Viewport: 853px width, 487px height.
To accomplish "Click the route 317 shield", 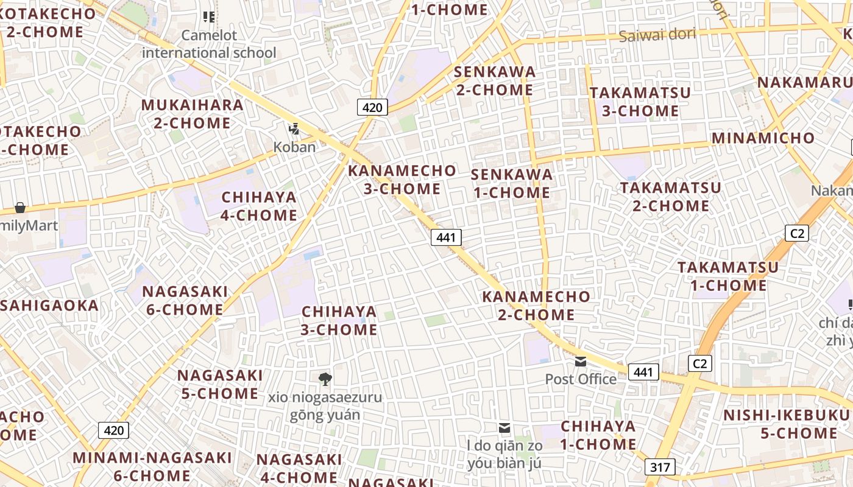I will click(x=660, y=468).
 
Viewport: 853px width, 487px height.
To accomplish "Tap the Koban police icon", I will click(x=294, y=128).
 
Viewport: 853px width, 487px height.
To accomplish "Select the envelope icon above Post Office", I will click(x=581, y=362).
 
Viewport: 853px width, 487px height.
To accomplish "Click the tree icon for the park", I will click(x=325, y=379).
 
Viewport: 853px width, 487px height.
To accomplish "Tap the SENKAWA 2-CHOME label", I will click(x=494, y=81).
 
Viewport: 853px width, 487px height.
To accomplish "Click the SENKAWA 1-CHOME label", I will click(x=511, y=183).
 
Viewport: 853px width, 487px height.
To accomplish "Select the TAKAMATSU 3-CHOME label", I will click(x=640, y=102).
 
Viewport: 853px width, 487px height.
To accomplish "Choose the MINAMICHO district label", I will click(x=763, y=138).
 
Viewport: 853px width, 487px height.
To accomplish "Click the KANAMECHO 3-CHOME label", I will click(x=402, y=180).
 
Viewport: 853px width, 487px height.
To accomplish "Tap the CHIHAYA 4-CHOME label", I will click(x=259, y=206).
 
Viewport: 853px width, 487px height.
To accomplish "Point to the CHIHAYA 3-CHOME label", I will click(x=339, y=320).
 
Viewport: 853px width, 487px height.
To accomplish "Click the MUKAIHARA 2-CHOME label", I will click(x=192, y=114).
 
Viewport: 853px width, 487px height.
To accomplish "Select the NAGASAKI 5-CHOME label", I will click(x=220, y=384).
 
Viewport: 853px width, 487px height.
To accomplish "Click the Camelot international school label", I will click(x=209, y=44).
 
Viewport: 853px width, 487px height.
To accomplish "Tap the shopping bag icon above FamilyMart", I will click(x=20, y=208).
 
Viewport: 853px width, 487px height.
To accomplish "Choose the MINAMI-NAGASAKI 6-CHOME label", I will click(x=152, y=466).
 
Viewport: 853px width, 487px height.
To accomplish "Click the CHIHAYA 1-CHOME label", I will click(x=598, y=435).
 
